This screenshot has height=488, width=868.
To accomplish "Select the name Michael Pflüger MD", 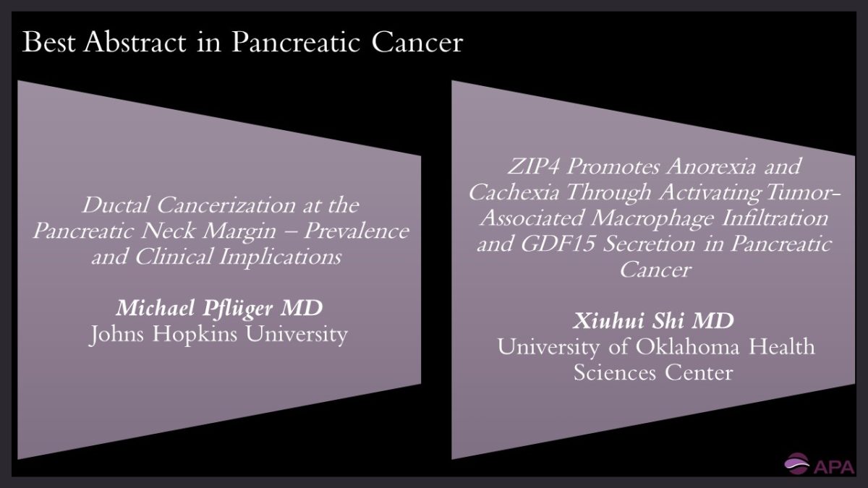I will (x=219, y=309).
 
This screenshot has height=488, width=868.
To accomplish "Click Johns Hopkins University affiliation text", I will (x=219, y=335).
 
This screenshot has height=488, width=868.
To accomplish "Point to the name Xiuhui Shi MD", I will (x=655, y=321).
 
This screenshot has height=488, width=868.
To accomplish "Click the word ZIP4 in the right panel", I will (x=535, y=166).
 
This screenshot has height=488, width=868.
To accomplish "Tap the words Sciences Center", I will (x=654, y=372).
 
